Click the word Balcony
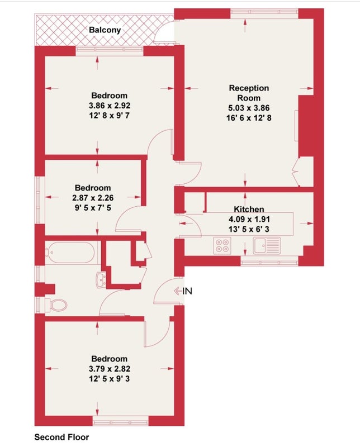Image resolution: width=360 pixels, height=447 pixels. (x=105, y=30)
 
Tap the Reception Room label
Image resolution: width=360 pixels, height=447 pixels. (x=249, y=93)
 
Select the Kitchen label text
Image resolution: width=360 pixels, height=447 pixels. (x=249, y=209)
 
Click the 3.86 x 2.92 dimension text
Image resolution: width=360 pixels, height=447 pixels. (x=109, y=106)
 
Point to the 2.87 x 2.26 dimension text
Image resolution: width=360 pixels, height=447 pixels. (x=93, y=198)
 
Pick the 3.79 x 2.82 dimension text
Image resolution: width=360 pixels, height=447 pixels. (x=109, y=369)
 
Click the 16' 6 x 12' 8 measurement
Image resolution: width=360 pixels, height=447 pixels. (x=249, y=118)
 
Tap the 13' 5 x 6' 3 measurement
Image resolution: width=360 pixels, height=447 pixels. (x=249, y=229)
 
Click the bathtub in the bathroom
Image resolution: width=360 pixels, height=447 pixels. (x=70, y=253)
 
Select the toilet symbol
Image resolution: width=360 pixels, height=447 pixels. (x=56, y=305)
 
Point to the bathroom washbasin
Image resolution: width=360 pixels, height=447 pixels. (x=101, y=280)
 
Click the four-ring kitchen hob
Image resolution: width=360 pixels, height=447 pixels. (x=222, y=246)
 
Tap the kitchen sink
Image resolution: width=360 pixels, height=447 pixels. (x=267, y=245)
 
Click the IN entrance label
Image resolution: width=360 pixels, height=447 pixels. (x=187, y=291)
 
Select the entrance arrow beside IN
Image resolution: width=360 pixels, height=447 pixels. (x=178, y=291)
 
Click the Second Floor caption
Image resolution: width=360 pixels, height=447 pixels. (x=61, y=437)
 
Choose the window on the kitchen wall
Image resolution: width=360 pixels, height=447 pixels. (x=269, y=261)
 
